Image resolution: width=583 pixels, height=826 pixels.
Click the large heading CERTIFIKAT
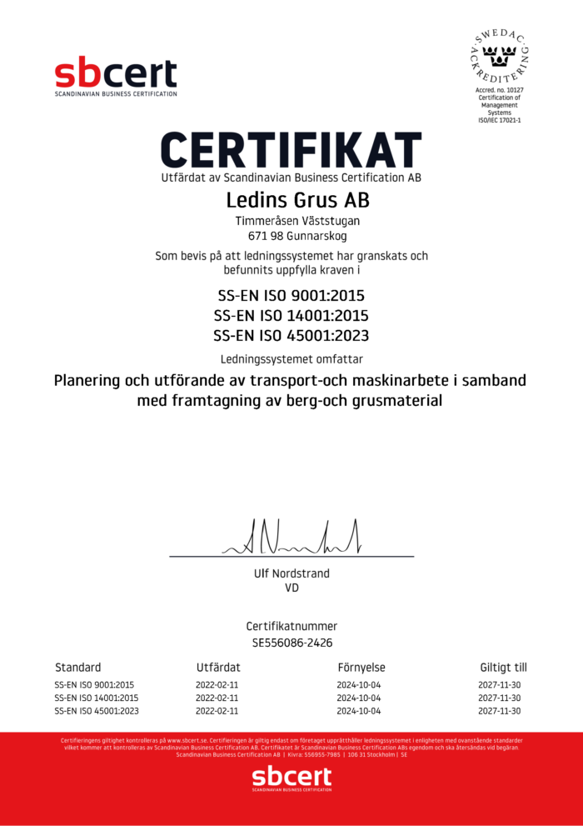291,150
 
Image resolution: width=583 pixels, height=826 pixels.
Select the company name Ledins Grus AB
291,201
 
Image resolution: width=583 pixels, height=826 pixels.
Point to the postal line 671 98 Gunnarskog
291,236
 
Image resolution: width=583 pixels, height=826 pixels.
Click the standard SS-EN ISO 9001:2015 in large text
291,295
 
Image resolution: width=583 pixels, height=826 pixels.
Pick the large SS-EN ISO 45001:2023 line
291,336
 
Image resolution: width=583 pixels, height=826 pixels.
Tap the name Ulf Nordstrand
291,573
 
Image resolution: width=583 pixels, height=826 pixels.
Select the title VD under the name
291,588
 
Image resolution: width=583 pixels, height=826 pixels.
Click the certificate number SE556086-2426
291,643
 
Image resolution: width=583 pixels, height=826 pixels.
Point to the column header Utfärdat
218,668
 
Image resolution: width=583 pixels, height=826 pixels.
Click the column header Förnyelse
361,668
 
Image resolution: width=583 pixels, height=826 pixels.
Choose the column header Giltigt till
503,668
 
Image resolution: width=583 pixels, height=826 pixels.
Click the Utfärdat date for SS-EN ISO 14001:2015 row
217,698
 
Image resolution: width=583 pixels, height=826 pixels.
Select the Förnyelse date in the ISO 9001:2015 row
359,684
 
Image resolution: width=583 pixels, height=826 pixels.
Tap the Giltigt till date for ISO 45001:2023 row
500,711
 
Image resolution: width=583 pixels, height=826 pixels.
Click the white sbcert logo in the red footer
291,780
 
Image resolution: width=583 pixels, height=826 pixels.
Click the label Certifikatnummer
291,626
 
